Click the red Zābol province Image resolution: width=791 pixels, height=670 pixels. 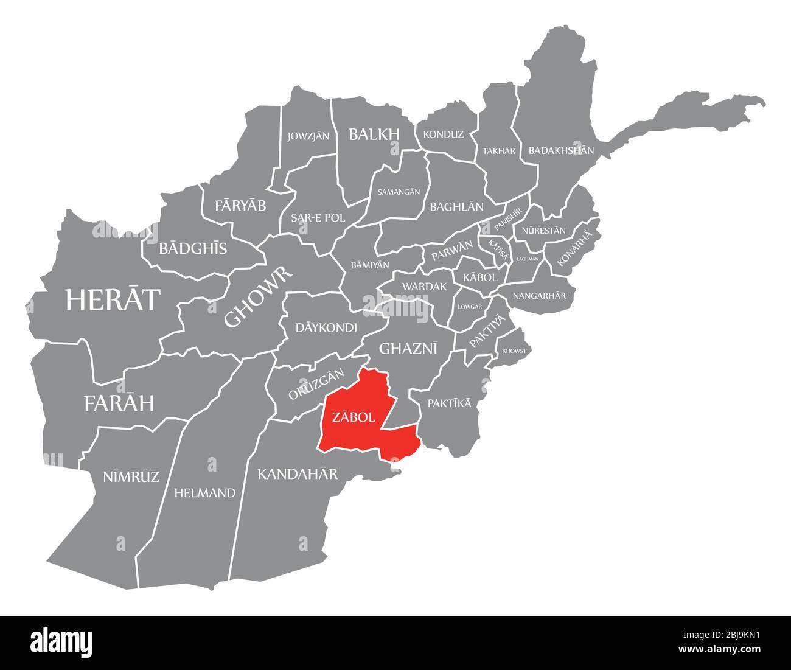coord(359,420)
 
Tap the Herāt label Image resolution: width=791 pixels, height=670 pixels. coord(113,299)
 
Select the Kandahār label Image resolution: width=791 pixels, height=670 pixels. coord(298,473)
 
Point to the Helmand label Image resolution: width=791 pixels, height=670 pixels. coord(204,493)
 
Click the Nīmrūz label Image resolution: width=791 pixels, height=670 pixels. coord(131,476)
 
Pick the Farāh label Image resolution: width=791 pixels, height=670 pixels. coord(119,402)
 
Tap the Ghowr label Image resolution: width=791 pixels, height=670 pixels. coord(259,296)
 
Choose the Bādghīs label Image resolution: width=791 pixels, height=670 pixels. coord(193,248)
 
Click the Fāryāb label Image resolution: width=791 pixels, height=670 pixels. coord(240,206)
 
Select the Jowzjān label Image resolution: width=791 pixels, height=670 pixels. coord(308,136)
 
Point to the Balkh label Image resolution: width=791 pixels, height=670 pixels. coord(374,134)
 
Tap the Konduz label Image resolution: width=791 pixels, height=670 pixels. coord(443,134)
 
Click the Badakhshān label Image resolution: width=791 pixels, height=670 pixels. coord(561,150)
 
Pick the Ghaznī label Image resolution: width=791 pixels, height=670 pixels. coord(408,348)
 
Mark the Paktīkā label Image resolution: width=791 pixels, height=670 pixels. coord(449,403)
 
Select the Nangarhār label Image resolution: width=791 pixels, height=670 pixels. coord(539,296)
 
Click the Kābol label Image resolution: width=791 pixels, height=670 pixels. coord(480,277)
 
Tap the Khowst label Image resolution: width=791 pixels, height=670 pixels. coord(514,351)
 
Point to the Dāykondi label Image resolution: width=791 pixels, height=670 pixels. coord(326,327)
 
